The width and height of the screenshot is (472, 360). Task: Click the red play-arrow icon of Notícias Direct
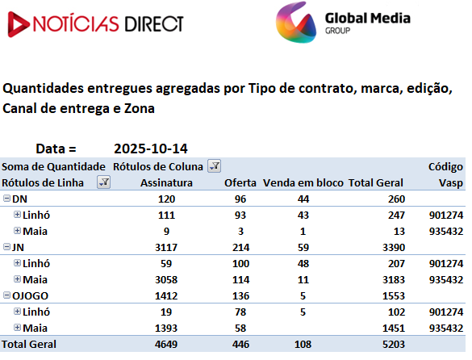click(18, 24)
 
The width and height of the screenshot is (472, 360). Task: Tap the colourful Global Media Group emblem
click(296, 23)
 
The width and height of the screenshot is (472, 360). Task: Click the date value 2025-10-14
click(151, 149)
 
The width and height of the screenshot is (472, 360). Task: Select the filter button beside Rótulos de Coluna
click(214, 166)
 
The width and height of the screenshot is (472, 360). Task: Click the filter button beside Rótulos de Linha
click(103, 182)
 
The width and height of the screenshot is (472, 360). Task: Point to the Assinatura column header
click(166, 183)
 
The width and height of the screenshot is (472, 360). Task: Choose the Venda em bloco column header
click(303, 183)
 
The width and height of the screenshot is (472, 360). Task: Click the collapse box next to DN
click(6, 199)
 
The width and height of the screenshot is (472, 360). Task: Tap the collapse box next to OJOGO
click(6, 295)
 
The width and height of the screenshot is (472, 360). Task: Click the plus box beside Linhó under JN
click(17, 262)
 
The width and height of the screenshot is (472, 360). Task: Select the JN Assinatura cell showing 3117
click(166, 247)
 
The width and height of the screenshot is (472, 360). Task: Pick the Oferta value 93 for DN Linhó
click(240, 215)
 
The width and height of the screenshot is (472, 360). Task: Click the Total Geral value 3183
click(394, 279)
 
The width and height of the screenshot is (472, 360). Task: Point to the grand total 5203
click(394, 344)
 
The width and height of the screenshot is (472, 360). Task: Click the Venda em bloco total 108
click(303, 344)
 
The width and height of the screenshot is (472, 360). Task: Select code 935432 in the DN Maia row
click(446, 232)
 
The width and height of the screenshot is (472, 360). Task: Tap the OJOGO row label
click(30, 296)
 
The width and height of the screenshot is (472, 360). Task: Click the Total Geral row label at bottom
click(29, 344)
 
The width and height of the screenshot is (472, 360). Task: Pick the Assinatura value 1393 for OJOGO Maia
click(166, 328)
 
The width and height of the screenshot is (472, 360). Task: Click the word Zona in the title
click(139, 108)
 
